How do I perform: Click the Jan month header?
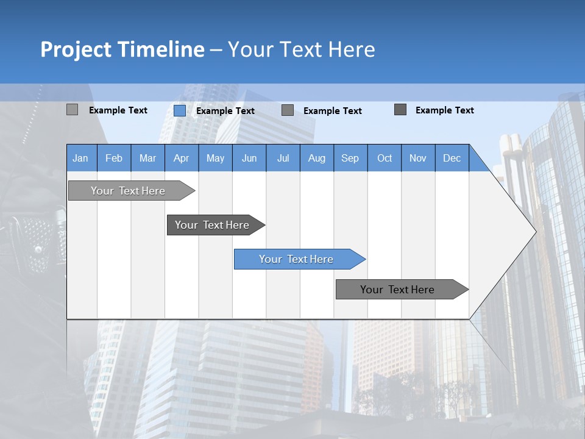click(80, 158)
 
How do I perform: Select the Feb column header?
click(114, 158)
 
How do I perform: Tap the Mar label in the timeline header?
click(147, 158)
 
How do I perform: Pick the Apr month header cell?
click(181, 158)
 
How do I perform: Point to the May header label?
click(215, 158)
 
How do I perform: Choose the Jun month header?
click(249, 158)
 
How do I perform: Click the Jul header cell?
click(283, 158)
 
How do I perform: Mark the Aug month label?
click(316, 158)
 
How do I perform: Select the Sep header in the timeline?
click(350, 158)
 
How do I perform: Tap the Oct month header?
click(385, 158)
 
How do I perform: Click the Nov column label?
click(418, 158)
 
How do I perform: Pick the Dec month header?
click(452, 158)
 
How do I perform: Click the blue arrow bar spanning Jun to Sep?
click(297, 259)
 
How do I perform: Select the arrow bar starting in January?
click(129, 191)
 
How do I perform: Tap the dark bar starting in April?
click(213, 225)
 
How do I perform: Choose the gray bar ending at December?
click(398, 290)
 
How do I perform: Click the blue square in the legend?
click(180, 110)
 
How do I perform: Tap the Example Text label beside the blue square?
click(225, 111)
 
